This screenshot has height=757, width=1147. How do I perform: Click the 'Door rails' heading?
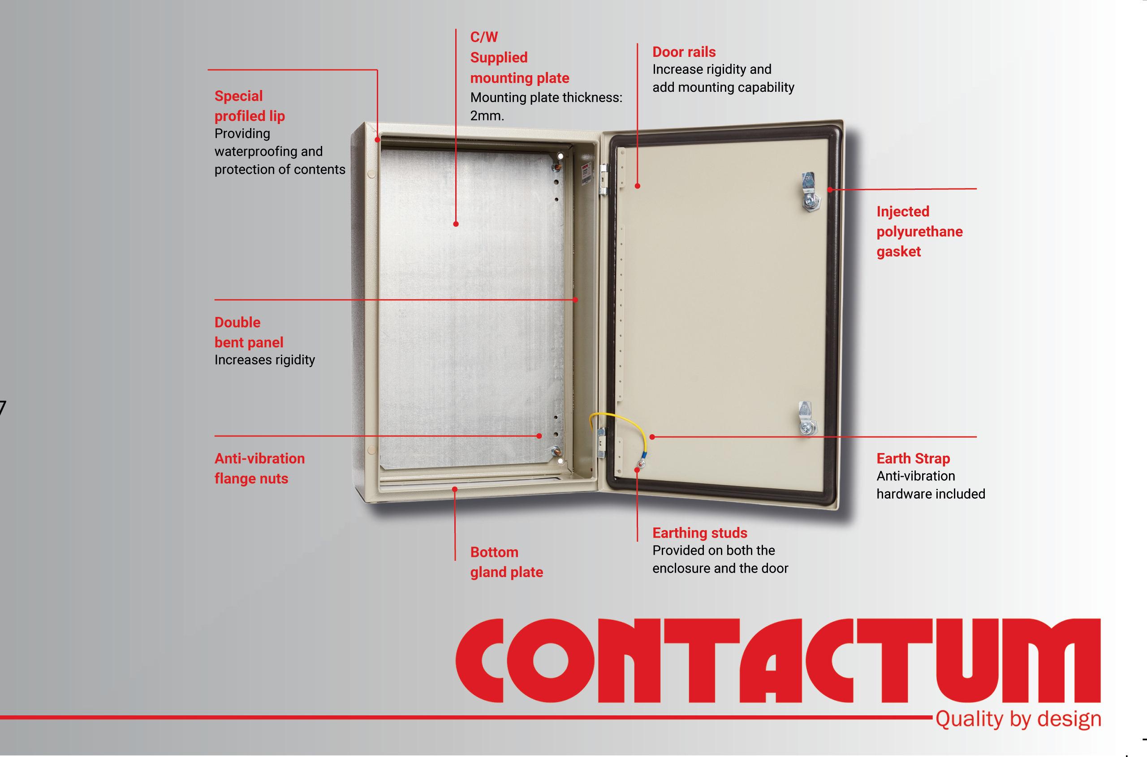(684, 51)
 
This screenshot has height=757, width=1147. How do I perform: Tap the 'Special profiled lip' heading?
(249, 106)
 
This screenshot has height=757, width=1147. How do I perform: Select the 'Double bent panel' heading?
(248, 332)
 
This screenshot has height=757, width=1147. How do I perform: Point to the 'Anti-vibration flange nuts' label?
(259, 468)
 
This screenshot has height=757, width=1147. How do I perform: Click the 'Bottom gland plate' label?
(506, 562)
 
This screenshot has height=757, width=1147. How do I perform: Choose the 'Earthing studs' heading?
(699, 533)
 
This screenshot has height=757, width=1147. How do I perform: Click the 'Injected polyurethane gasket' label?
(919, 231)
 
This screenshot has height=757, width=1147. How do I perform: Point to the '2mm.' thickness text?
(487, 116)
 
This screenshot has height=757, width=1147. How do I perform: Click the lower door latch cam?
(806, 419)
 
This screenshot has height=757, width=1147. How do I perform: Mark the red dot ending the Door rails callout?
(637, 186)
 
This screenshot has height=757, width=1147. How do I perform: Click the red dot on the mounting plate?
(456, 224)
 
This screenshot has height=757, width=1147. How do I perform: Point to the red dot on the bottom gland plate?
(455, 489)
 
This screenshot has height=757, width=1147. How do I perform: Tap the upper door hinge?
(603, 180)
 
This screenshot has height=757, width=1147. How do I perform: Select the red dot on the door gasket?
(830, 190)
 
